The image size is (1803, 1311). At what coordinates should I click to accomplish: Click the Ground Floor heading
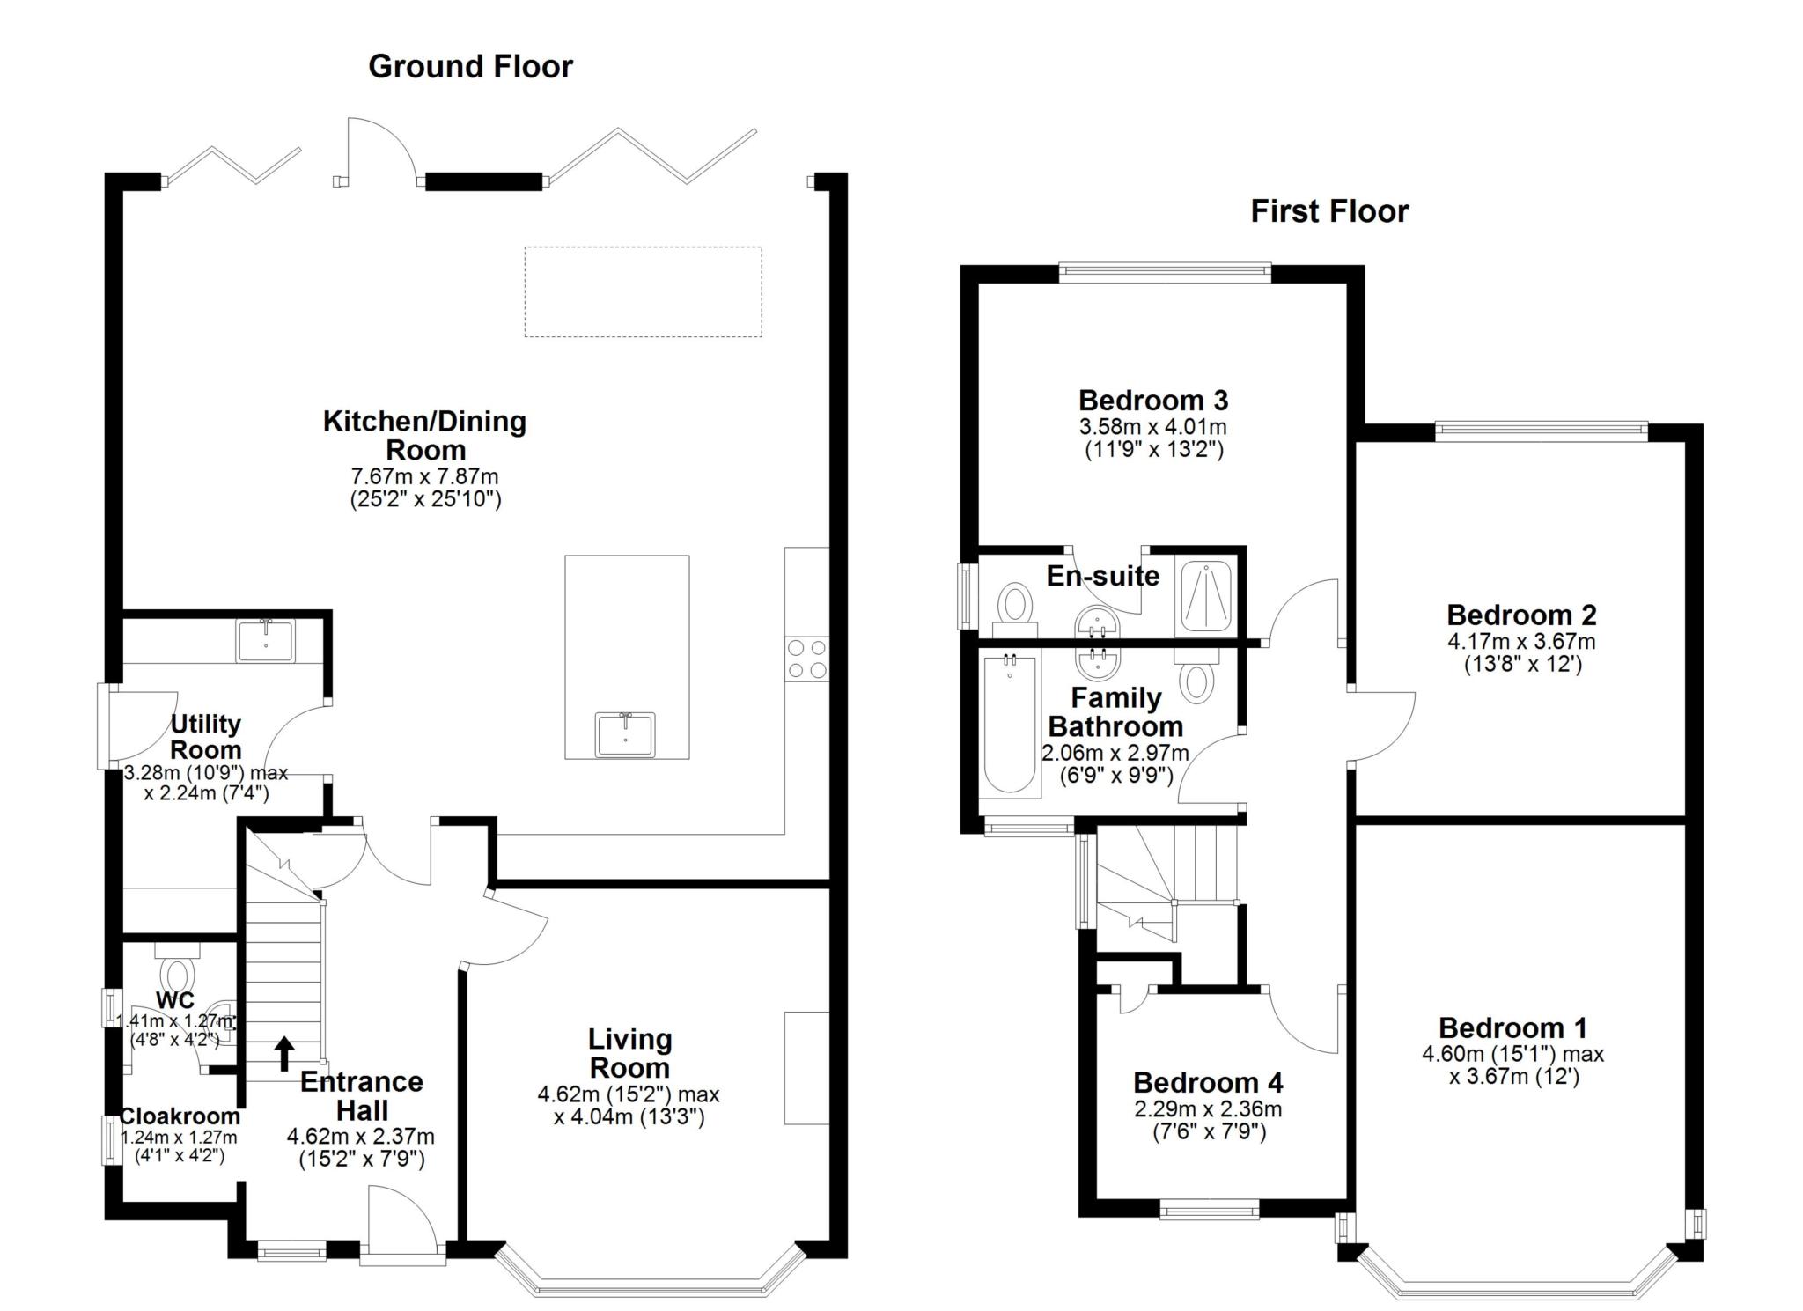(x=470, y=67)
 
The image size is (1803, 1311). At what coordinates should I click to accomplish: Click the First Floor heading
(x=1329, y=211)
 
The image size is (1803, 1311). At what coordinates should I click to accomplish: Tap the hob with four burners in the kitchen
(x=807, y=659)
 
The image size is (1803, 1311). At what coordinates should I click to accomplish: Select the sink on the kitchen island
(x=625, y=735)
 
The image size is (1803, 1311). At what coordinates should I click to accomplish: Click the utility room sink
(x=266, y=640)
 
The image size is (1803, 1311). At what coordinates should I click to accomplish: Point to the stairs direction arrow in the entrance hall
(x=284, y=1053)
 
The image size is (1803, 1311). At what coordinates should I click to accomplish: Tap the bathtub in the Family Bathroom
(x=1010, y=724)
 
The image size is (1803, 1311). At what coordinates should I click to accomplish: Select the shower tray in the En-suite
(x=1206, y=597)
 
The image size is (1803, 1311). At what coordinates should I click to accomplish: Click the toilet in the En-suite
(x=1015, y=608)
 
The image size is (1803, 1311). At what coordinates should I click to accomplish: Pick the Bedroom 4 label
(x=1208, y=1082)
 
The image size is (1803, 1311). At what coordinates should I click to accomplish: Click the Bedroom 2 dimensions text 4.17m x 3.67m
(x=1521, y=642)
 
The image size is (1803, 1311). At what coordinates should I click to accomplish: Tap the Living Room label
(x=629, y=1054)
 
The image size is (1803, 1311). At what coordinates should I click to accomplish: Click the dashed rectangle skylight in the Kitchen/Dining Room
(x=644, y=291)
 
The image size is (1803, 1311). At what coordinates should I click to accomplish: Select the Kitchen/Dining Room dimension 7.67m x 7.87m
(x=424, y=477)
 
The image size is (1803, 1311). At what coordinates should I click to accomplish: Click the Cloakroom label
(x=180, y=1116)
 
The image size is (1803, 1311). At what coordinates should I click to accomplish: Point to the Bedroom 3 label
(x=1153, y=401)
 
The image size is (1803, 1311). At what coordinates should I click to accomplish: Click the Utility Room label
(x=205, y=737)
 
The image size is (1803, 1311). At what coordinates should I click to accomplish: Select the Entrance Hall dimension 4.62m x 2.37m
(x=361, y=1137)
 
